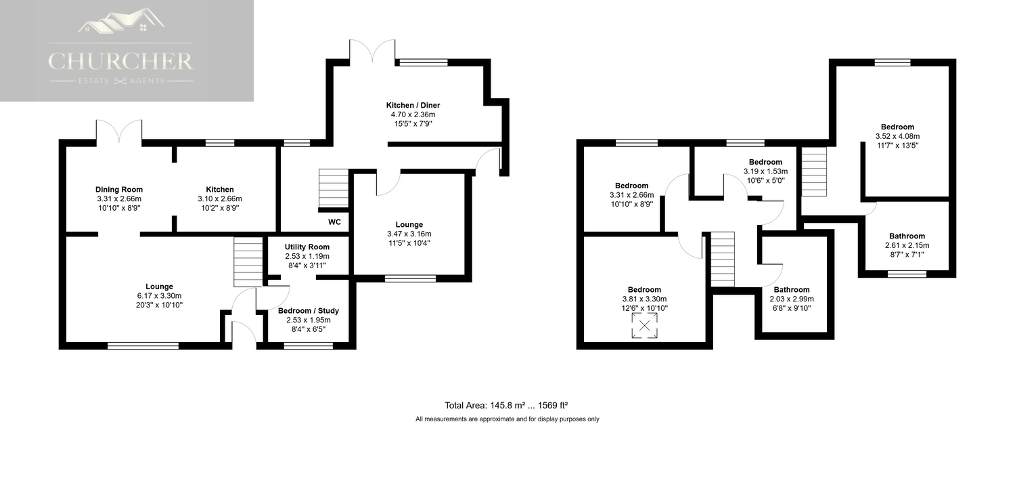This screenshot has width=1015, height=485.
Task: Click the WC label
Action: pos(334,222)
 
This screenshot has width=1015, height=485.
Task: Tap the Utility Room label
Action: pos(307,247)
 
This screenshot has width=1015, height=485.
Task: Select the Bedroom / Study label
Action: pos(308,311)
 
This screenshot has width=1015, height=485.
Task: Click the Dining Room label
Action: pos(118,190)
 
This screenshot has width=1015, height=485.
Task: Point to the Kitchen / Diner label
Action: pos(413,105)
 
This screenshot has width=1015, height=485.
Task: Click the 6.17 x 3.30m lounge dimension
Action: pos(159,296)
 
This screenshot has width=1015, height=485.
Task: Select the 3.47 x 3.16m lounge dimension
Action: pos(409,234)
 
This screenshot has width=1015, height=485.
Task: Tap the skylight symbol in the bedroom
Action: pos(644,325)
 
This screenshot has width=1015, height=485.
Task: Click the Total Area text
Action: pos(506,405)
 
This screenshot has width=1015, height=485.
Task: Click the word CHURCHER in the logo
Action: pos(120,62)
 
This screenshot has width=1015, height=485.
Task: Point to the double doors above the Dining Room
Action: pos(118,131)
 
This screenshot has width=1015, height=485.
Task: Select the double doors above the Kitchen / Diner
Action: pos(372,51)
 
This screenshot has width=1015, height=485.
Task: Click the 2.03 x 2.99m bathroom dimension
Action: pos(792,299)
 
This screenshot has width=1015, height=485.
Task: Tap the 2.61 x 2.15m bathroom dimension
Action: pos(907,245)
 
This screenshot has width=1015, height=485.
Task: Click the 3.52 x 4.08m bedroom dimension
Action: pos(897,136)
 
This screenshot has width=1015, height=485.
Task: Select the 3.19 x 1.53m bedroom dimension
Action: pos(765,171)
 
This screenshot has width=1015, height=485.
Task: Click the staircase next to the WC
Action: pos(334,188)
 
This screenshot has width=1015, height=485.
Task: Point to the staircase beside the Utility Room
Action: pos(248,261)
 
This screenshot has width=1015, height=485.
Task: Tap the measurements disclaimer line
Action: pos(507,419)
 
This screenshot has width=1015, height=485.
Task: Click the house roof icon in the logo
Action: pos(121,20)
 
